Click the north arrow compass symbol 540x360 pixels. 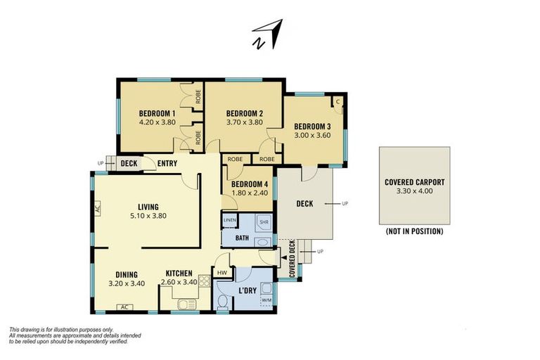pos(268,34)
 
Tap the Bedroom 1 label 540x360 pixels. pos(157,113)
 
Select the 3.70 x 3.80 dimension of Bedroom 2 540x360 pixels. pos(245,122)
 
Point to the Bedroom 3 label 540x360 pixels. pos(312,127)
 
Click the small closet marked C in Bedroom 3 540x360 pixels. pos(337,102)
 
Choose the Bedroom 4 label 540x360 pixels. pos(250,184)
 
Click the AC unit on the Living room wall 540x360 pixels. pos(97,208)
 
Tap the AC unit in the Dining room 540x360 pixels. pos(125,307)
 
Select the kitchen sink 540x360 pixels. pos(187,304)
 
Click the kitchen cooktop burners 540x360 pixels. pos(204,281)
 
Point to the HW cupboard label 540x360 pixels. pos(222,273)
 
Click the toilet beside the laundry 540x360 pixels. pos(223,302)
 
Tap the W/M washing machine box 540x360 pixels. pos(267,300)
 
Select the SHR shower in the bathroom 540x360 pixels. pos(264,223)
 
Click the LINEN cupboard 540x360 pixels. pos(230,221)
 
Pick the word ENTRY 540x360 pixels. pos(167,164)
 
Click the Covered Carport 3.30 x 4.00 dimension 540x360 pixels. pos(415,191)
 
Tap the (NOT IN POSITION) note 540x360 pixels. pos(415,231)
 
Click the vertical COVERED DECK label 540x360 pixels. pos(292,259)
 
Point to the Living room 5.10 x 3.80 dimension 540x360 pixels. pos(148,216)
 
